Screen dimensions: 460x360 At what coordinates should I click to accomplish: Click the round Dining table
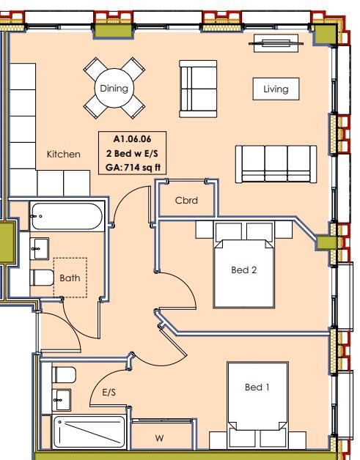114,89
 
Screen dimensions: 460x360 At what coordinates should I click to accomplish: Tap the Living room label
276,89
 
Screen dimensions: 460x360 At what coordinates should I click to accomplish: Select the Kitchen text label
64,155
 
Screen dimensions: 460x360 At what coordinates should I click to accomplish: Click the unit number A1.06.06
132,138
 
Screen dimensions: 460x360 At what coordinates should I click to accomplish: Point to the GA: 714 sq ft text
132,167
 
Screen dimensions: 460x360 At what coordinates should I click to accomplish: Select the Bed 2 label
243,270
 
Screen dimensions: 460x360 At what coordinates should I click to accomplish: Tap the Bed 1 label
258,386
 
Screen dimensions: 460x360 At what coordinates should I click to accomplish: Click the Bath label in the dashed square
70,278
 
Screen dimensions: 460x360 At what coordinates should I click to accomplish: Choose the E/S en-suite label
109,393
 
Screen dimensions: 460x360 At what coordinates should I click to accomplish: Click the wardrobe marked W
159,438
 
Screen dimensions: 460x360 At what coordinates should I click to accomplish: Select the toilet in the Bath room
42,278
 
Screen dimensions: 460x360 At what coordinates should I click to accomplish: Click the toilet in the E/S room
64,376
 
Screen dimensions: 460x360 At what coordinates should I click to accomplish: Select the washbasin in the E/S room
62,399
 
